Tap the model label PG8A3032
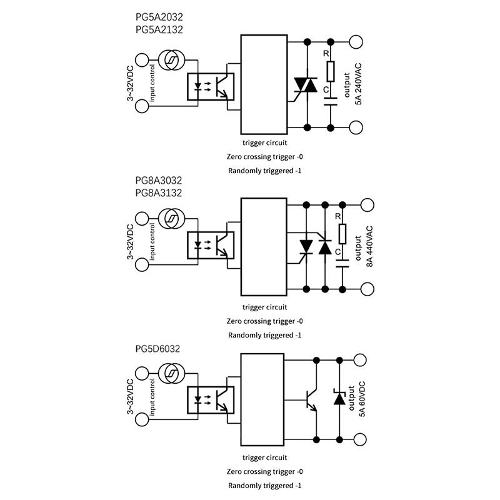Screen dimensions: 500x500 coord(158,181)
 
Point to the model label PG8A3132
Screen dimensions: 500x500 coord(158,193)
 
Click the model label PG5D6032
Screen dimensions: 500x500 coord(157,349)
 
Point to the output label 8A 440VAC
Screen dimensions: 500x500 coord(364,246)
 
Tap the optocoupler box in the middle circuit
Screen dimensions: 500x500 coord(211,245)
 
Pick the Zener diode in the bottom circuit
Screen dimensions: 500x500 coord(339,397)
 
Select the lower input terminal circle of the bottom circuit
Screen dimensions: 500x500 coord(142,419)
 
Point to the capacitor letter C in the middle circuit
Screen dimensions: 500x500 coord(337,253)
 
